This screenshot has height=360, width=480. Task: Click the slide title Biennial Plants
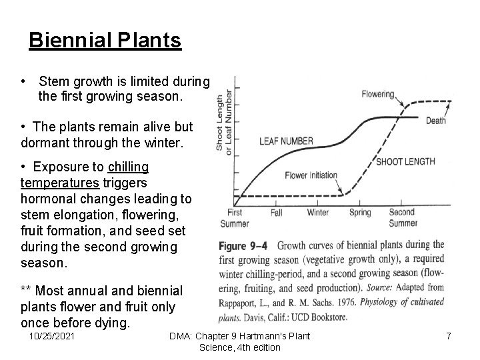[x=105, y=41]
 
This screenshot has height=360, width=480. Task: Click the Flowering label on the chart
[x=377, y=94]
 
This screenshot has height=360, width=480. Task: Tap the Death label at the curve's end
[x=436, y=121]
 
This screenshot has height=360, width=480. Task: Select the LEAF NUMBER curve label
[x=286, y=141]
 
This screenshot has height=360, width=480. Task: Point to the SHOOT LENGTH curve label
[x=405, y=161]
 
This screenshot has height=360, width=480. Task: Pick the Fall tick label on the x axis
[x=277, y=213]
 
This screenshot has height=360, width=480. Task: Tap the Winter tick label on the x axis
[x=318, y=213]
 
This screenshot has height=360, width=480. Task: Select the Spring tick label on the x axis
[x=360, y=213]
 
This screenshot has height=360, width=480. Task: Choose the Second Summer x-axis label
[x=403, y=217]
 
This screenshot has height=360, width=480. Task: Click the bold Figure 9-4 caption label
[x=243, y=245]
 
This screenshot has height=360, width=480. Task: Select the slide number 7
[x=449, y=336]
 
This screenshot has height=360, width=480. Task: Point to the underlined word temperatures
[x=60, y=182]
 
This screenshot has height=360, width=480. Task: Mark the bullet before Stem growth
[x=23, y=81]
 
